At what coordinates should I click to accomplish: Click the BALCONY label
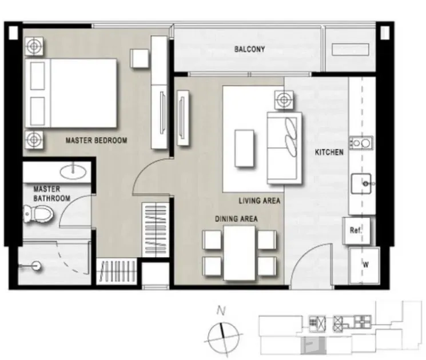point(249,49)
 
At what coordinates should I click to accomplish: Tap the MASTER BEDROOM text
point(96,141)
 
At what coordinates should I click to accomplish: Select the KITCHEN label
point(329,152)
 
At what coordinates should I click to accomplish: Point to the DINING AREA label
point(236,219)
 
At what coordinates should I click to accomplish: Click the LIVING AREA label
point(260,201)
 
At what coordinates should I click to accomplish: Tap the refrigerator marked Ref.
point(356,230)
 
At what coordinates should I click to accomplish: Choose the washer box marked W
point(364,265)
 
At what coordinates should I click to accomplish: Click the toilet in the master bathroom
point(38,214)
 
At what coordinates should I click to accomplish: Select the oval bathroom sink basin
point(73,171)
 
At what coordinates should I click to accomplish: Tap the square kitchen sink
point(361,183)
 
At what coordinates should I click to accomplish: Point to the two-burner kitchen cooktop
point(361,142)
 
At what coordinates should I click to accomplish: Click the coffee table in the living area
point(244,148)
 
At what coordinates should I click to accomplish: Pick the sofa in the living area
point(284,148)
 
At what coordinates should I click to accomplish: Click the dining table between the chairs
point(240,253)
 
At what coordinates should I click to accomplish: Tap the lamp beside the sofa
point(284,100)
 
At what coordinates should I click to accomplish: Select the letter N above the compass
point(221,311)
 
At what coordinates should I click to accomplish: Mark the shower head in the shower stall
point(35,266)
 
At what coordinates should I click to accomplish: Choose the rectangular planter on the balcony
point(351,50)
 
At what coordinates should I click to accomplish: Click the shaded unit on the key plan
point(313,345)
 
